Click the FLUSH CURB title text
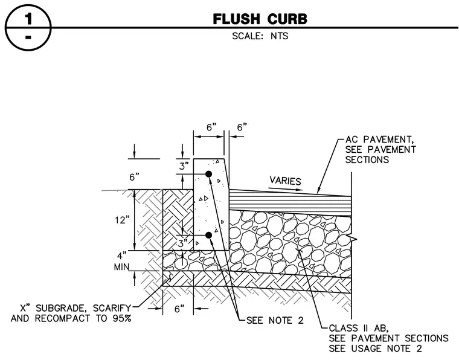[260, 19]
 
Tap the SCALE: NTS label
[260, 36]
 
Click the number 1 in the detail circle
[28, 19]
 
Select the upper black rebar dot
[208, 174]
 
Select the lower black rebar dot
[208, 235]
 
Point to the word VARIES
[285, 181]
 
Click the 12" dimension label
[123, 220]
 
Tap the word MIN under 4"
[121, 267]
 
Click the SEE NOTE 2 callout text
[275, 321]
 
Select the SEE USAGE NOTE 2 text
[375, 349]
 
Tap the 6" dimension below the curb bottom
[180, 309]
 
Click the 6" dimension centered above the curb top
[211, 127]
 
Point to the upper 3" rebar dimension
[184, 166]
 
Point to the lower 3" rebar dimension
[183, 243]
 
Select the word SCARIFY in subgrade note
[112, 308]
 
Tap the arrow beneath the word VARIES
[286, 189]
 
